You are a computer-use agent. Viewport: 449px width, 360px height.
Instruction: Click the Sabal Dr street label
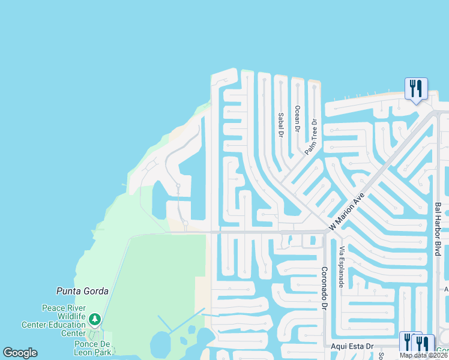280,125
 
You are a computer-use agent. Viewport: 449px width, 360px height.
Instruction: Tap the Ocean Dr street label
297,118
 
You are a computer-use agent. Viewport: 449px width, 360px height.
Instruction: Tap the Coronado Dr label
324,288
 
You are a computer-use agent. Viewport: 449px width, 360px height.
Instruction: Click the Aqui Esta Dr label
352,347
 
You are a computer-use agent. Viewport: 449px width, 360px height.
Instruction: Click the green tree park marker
94,319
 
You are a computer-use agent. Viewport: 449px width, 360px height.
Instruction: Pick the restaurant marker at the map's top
415,89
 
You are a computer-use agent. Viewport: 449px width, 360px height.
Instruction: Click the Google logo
20,353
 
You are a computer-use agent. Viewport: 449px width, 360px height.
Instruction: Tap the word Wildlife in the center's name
72,316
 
